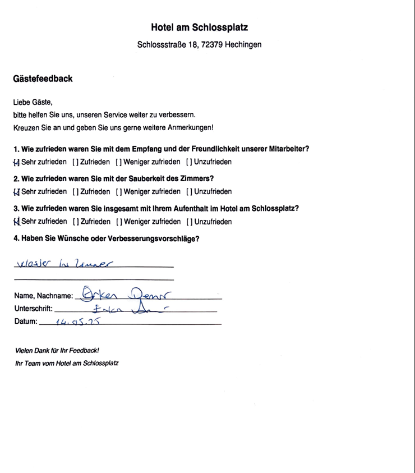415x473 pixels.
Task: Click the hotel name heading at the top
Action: coord(199,27)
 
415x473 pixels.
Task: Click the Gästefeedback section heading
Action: coord(43,79)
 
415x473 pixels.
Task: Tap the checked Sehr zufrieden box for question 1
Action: coord(16,162)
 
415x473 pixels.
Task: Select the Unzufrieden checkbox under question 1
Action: coord(190,162)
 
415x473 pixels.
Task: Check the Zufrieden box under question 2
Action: coord(76,192)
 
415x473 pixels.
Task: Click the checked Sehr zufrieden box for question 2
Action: coord(16,192)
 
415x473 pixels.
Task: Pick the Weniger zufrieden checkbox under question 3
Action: coord(119,222)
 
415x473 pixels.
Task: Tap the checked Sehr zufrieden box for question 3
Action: coord(16,222)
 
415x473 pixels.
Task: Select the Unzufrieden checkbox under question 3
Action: coord(190,222)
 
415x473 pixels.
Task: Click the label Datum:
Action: coord(26,322)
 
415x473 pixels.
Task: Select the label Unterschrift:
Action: coord(33,308)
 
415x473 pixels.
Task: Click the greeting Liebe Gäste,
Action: coord(33,102)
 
